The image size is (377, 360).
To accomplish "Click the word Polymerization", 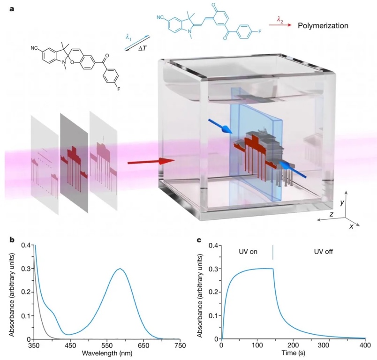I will [323, 25].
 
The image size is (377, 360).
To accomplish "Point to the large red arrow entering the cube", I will [150, 162].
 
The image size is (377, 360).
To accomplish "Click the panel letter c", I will [199, 240].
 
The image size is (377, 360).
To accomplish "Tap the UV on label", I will [247, 252].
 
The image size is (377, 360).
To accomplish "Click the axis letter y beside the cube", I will [343, 202].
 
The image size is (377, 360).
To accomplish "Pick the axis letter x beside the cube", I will [351, 225].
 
